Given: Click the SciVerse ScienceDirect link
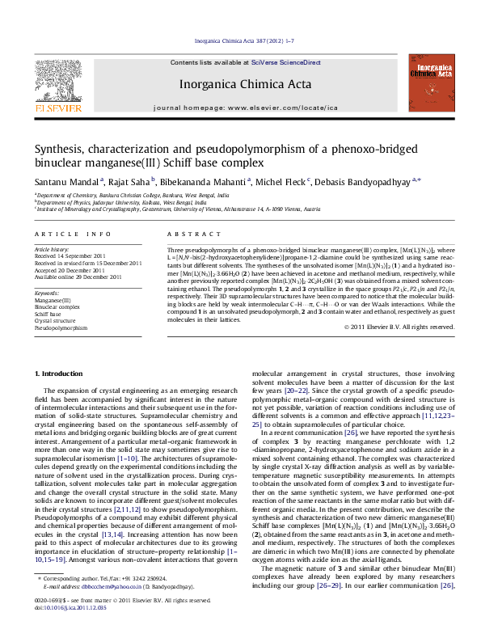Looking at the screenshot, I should (x=285, y=62).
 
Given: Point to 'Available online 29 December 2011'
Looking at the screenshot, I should (x=78, y=277).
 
